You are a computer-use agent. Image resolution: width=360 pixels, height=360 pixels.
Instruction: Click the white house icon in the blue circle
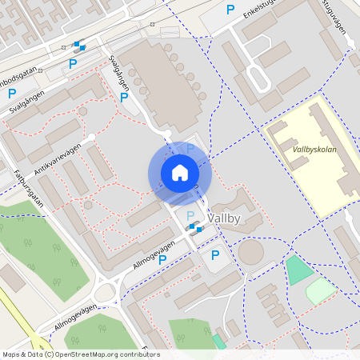[x=180, y=172]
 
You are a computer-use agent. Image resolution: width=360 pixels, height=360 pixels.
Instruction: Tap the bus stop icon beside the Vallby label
[x=194, y=228]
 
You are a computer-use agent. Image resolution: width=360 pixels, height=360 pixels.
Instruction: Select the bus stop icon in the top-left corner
[x=78, y=46]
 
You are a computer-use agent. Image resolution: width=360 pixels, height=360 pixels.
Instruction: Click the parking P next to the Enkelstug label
[x=230, y=10]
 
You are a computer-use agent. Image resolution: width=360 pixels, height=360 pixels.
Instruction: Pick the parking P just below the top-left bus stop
[x=73, y=64]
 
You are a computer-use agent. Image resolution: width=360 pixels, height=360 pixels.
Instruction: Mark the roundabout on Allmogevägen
[x=106, y=290]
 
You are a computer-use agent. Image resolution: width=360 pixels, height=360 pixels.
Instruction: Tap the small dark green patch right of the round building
[x=299, y=270]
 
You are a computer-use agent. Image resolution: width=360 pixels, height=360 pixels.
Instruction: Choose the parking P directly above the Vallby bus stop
[x=190, y=216]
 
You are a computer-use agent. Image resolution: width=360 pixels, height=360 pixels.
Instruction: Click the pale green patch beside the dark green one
[x=321, y=290]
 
